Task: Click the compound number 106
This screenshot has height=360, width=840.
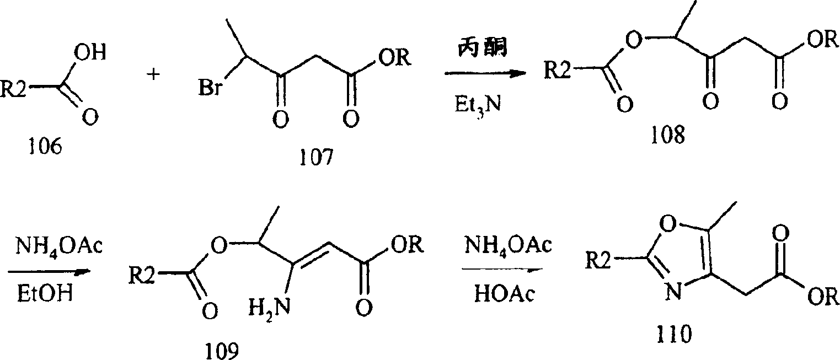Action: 45,147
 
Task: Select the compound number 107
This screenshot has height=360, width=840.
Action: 316,158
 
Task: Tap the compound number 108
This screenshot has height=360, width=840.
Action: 668,135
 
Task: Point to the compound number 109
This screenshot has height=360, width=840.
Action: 222,351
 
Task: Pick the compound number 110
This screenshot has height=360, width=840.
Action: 674,334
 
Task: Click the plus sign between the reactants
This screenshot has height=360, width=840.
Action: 153,74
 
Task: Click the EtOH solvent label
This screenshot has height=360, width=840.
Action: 45,293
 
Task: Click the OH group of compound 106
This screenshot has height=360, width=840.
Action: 90,52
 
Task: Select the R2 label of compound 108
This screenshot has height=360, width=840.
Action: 557,70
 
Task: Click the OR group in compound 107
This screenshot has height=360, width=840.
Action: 394,58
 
